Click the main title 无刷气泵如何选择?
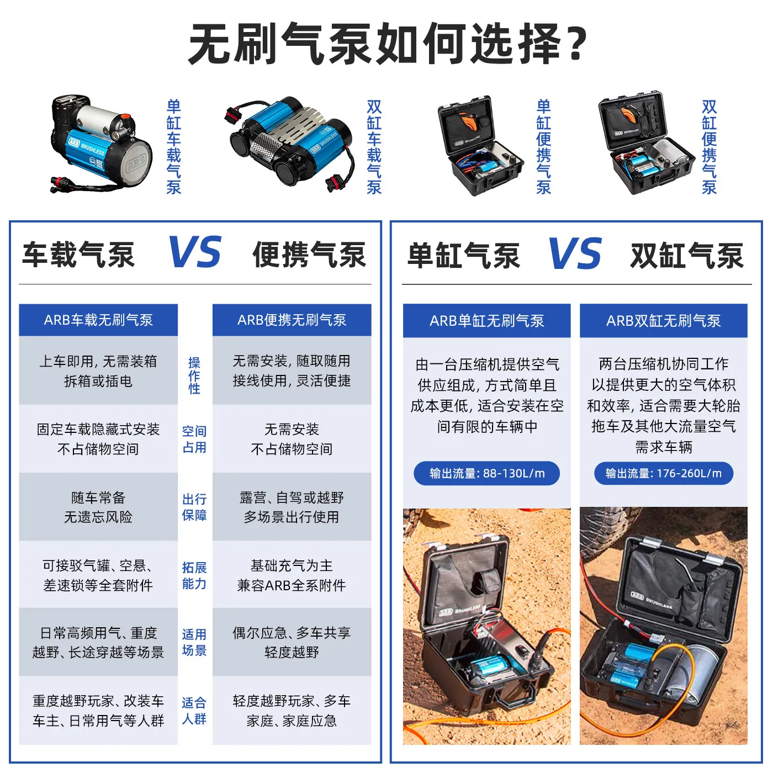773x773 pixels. (388, 43)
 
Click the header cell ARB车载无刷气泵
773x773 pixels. (98, 320)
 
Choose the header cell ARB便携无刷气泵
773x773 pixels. (292, 320)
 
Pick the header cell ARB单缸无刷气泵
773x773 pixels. (486, 320)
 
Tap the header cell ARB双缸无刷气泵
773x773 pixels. (664, 320)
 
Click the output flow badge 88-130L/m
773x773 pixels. (486, 473)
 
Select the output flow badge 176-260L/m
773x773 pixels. (664, 473)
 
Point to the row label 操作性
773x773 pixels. (194, 375)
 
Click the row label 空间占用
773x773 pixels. (194, 440)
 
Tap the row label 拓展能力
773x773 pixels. (194, 575)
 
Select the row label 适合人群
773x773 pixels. (194, 711)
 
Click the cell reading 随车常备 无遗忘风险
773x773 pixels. (98, 507)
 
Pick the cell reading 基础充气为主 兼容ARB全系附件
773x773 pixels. (292, 575)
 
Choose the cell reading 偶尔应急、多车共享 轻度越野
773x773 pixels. (292, 642)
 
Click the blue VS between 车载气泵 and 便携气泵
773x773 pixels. (194, 252)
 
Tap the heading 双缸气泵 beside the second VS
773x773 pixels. (687, 256)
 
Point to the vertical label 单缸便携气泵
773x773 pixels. (543, 147)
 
